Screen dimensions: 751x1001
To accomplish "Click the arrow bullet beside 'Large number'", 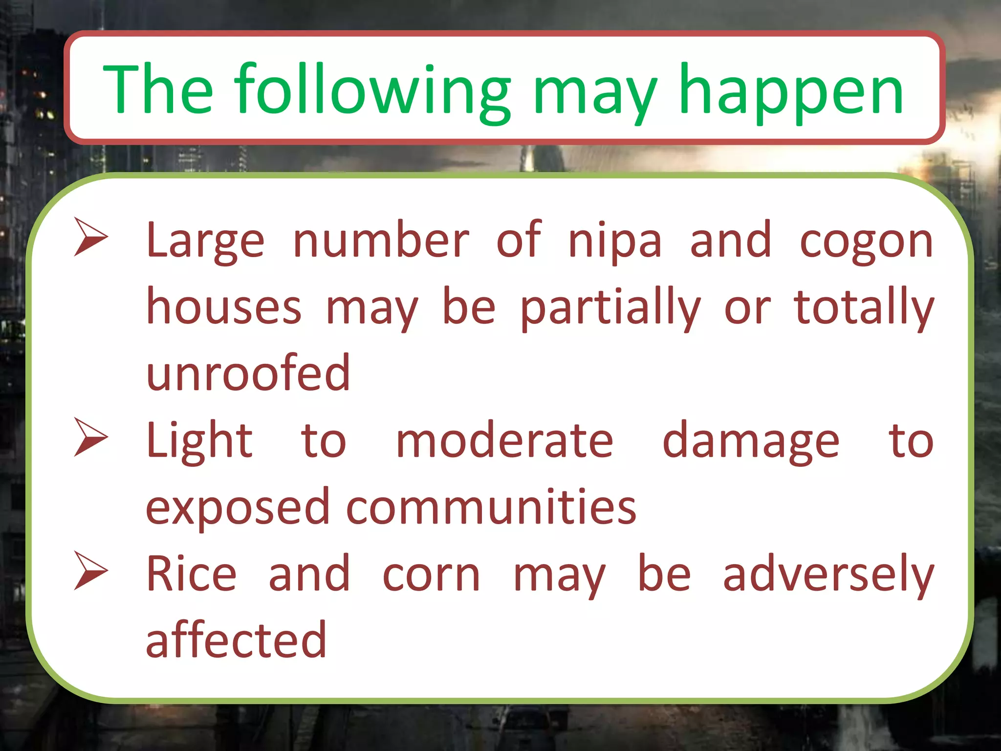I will point(90,237).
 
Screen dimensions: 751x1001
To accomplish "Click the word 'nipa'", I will point(615,241).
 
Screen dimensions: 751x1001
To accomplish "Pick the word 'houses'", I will point(224,307).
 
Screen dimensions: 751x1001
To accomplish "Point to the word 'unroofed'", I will point(248,373).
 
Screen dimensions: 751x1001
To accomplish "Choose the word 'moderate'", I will point(504,441).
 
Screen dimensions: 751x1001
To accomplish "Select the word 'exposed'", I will point(238,508).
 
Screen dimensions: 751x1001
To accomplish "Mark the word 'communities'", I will point(491,507).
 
